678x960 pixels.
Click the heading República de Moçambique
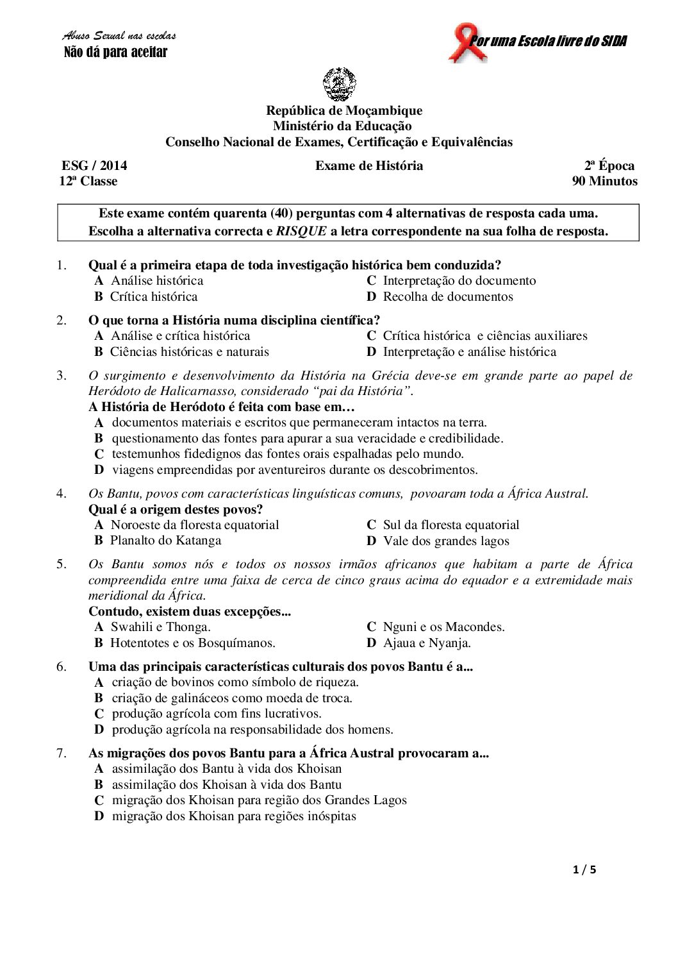(344, 110)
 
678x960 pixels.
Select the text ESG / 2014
(94, 165)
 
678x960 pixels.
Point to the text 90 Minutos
(604, 181)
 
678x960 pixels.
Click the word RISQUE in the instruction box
(301, 232)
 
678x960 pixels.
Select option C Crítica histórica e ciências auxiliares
(477, 335)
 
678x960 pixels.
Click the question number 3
(62, 375)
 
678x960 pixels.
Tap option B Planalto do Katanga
(158, 540)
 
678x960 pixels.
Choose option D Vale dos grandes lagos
(438, 541)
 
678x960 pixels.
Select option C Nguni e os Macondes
(436, 627)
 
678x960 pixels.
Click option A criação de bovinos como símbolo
(226, 682)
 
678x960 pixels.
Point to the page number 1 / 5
(584, 870)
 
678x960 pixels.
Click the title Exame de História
(369, 165)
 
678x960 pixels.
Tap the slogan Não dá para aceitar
(115, 53)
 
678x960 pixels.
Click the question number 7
(62, 753)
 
